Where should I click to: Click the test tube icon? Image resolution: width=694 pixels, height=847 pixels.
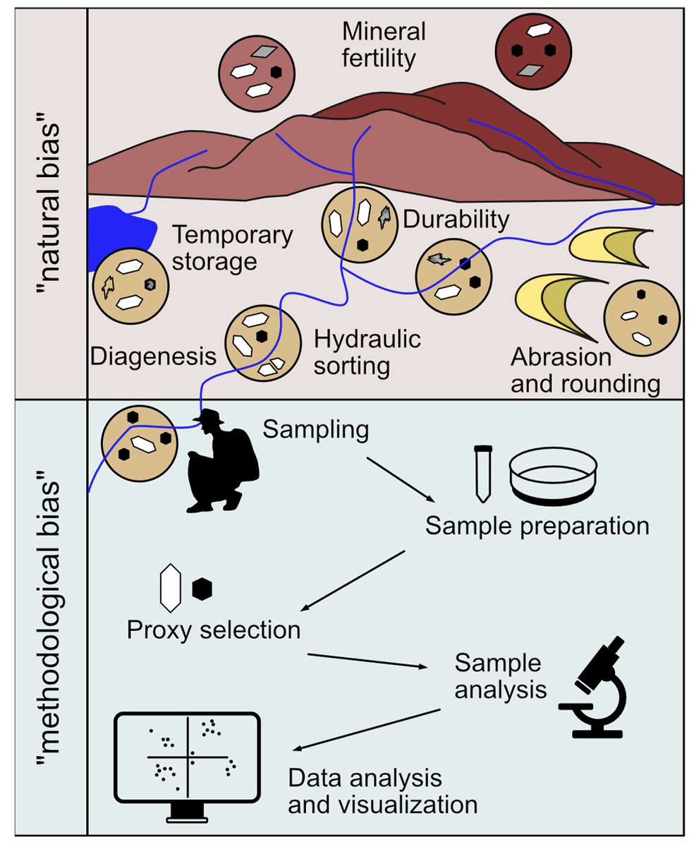coord(483,473)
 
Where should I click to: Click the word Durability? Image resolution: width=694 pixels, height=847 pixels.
coord(456,220)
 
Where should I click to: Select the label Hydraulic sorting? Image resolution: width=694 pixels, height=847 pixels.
coord(367,352)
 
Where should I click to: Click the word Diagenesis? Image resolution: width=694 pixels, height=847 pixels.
coord(152,356)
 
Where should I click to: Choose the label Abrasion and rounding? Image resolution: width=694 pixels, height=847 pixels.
coord(585,371)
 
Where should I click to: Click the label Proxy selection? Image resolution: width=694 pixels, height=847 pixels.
coord(214,629)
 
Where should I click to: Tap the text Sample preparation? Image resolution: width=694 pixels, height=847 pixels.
coord(537,527)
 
